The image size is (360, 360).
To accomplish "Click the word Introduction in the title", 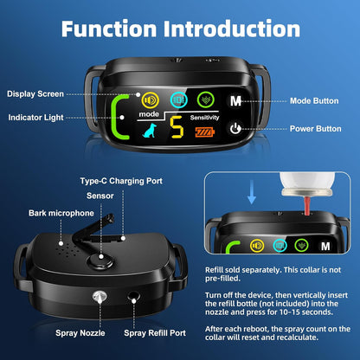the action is pos(232,29).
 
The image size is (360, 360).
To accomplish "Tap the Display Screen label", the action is pos(35,94).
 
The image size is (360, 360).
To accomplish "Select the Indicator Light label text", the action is pos(35,118).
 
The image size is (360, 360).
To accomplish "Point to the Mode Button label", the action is pos(314,101).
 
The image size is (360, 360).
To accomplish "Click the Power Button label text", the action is pos(315,129).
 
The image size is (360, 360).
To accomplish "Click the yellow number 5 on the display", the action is pos(177,127).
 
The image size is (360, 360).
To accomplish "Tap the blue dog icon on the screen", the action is pos(150,131).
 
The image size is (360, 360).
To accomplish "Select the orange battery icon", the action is pos(205,132).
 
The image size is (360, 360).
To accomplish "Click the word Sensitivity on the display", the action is pos(204,118).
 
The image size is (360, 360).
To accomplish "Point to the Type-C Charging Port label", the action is pos(121,181).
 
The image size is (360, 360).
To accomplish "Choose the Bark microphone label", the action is pos(61,213).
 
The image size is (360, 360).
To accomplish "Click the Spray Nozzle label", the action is pos(80,333).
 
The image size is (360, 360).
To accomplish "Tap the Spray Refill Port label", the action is pos(155,333).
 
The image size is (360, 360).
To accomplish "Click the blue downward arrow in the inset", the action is pos(252,192).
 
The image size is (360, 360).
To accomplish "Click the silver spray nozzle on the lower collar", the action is pos(100,297).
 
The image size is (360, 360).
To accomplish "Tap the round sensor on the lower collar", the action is pos(100,259).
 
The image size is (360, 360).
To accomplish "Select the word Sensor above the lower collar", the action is pos(100,196).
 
